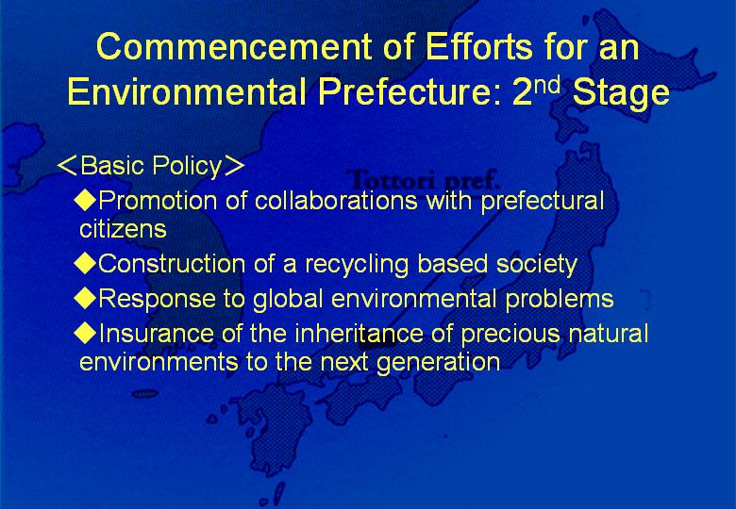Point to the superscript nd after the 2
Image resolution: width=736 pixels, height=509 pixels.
coord(548,85)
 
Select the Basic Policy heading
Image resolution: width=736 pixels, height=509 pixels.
coord(151,166)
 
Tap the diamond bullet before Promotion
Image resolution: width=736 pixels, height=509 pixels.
coord(86,200)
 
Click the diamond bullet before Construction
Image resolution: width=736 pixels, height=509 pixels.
coord(86,262)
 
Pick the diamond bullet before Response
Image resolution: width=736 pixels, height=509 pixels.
coord(86,298)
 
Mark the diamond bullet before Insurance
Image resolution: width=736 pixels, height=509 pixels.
coord(86,333)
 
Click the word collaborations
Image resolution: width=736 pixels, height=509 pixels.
coord(336,200)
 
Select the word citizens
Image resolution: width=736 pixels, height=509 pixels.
coord(123,229)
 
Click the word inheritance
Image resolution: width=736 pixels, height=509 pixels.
coord(360,334)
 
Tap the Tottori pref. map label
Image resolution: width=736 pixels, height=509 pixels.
coord(423,180)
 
